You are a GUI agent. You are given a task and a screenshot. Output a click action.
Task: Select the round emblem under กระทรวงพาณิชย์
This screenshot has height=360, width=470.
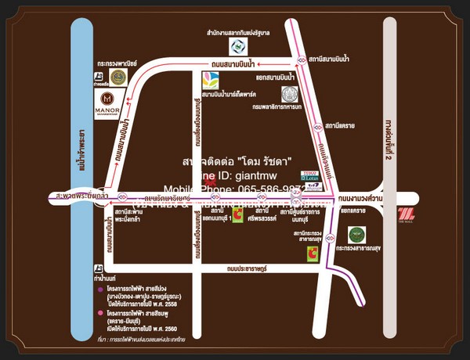[x=118, y=77]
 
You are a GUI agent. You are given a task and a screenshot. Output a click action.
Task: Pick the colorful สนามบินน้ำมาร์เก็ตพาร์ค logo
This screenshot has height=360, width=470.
[x=210, y=80]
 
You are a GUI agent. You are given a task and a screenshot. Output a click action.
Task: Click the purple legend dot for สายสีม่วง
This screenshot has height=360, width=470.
[x=99, y=290]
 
